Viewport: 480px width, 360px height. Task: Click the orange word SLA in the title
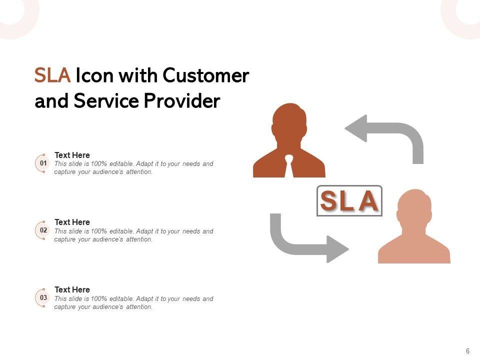[x=52, y=76]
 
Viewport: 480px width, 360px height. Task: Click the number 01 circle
[x=43, y=163]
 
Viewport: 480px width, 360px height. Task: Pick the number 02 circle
[x=43, y=230]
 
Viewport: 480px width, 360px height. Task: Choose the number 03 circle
[x=43, y=298]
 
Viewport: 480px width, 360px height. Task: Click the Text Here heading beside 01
[x=72, y=155]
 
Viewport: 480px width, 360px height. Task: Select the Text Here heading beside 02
[x=72, y=222]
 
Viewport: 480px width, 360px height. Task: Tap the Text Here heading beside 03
[x=72, y=289]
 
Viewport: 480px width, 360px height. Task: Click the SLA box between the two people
[x=349, y=201]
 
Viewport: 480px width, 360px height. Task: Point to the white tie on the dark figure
[x=289, y=166]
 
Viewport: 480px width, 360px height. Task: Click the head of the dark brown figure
[x=289, y=122]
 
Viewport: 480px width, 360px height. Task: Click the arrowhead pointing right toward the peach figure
[x=337, y=248]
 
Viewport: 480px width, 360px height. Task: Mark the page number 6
[x=467, y=351]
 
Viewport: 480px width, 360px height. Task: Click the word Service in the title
[x=107, y=101]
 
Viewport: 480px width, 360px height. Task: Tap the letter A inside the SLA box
[x=368, y=201]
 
